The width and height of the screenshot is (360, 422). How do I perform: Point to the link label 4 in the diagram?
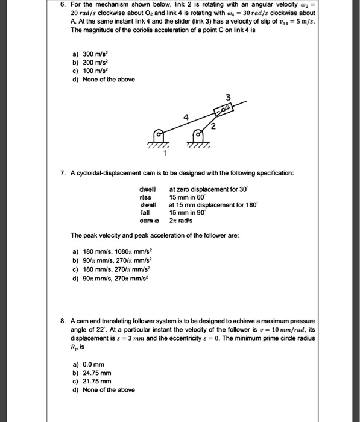tap(188, 117)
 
